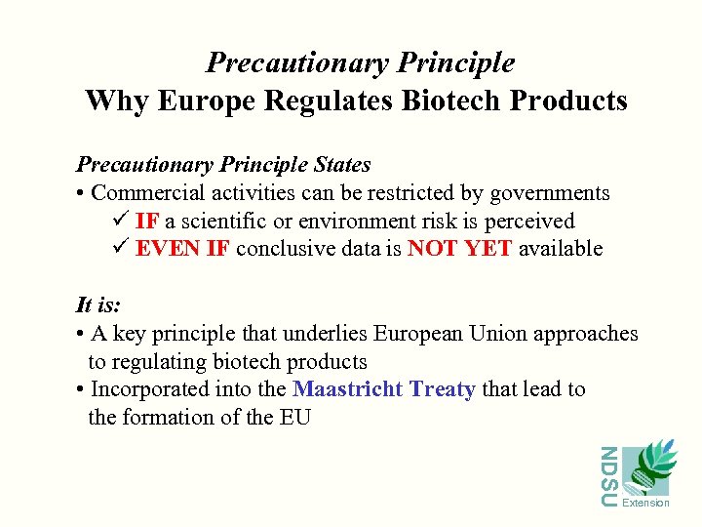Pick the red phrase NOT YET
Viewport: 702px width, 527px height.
(460, 249)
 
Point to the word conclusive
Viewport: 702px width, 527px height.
(285, 249)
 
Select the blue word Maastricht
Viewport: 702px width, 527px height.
(348, 389)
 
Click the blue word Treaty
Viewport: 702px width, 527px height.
(443, 389)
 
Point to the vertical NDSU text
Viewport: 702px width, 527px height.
(608, 475)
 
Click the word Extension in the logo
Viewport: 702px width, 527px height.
(645, 504)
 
